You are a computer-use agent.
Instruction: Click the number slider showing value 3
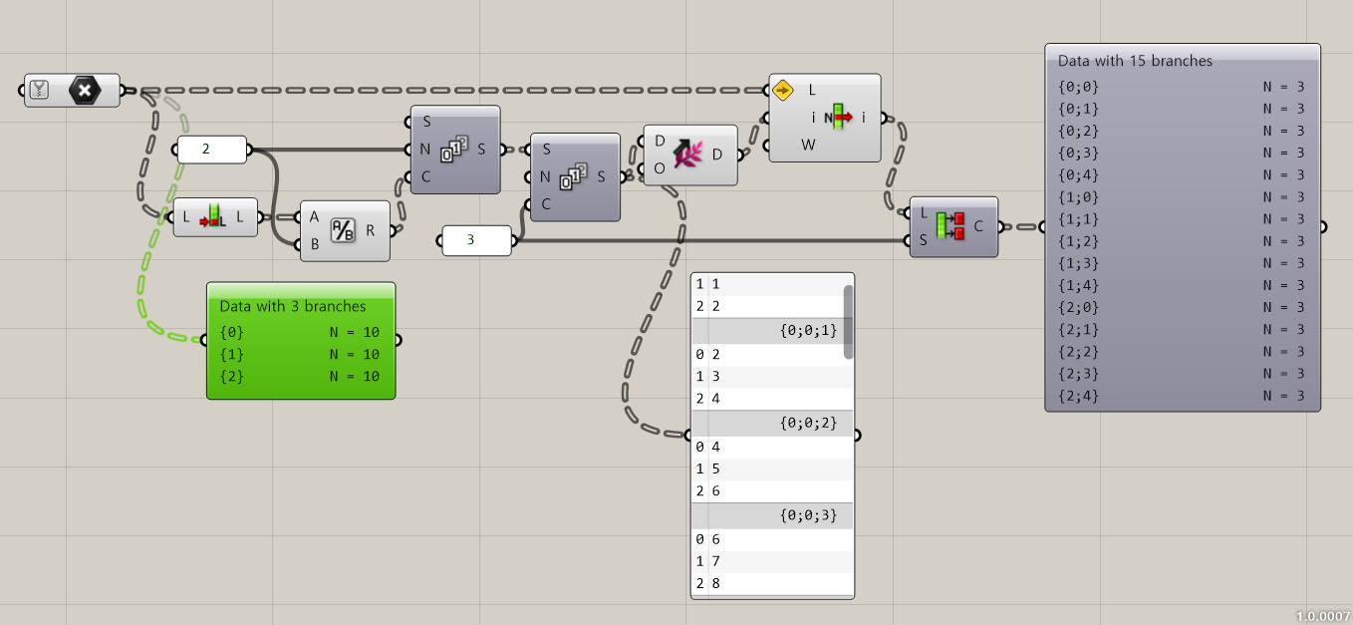pyautogui.click(x=476, y=240)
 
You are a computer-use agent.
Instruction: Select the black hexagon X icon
pyautogui.click(x=85, y=91)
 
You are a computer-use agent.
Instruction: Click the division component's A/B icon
pyautogui.click(x=343, y=230)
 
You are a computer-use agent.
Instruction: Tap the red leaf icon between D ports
pyautogui.click(x=689, y=155)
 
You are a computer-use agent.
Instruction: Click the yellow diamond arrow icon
pyautogui.click(x=782, y=90)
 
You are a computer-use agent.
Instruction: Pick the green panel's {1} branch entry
pyautogui.click(x=232, y=354)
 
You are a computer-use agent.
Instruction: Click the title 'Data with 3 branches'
pyautogui.click(x=293, y=306)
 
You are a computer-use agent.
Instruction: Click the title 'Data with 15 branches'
pyautogui.click(x=1135, y=61)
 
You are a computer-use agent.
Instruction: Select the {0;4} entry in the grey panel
pyautogui.click(x=1079, y=174)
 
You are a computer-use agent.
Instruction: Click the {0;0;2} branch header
pyautogui.click(x=808, y=423)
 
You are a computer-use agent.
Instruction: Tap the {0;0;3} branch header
pyautogui.click(x=808, y=515)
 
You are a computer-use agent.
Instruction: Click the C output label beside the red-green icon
pyautogui.click(x=978, y=226)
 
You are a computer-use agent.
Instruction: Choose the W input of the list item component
pyautogui.click(x=809, y=144)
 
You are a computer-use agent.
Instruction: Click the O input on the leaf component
pyautogui.click(x=659, y=167)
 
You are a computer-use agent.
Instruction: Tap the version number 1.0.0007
pyautogui.click(x=1322, y=616)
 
